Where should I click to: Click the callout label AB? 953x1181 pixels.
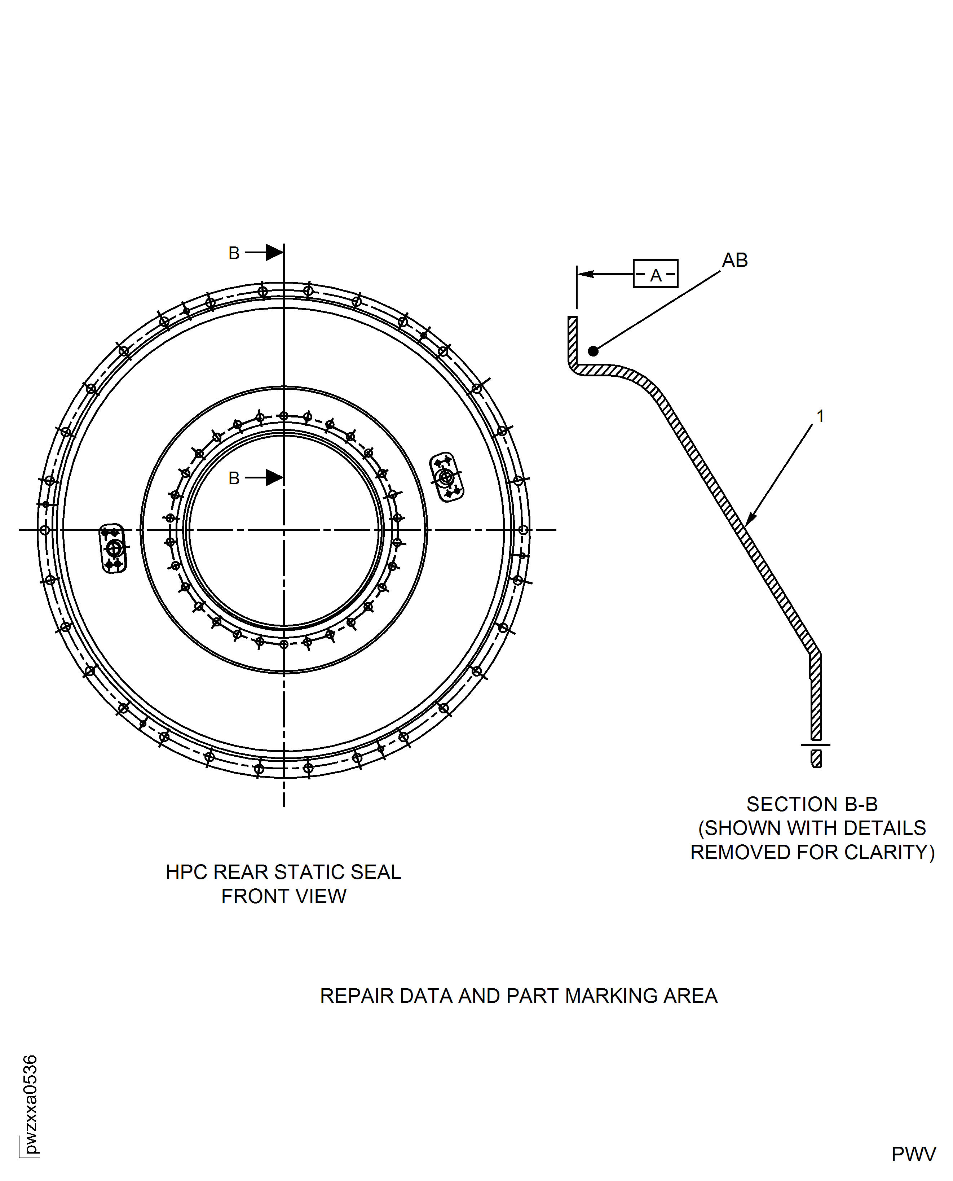click(734, 261)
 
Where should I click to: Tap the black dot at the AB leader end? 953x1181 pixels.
click(593, 351)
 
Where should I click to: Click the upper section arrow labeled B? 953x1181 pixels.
click(273, 252)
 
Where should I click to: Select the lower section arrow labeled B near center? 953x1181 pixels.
click(273, 477)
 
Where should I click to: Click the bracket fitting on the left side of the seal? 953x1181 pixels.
click(113, 548)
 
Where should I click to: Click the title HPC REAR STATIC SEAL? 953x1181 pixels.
click(283, 872)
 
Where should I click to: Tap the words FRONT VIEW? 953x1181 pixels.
click(283, 896)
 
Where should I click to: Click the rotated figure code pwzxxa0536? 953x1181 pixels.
click(31, 1104)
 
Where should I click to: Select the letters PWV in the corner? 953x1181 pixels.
click(913, 1154)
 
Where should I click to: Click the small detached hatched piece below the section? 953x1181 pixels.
click(816, 758)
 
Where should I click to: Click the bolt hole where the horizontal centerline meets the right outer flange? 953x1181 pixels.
click(523, 530)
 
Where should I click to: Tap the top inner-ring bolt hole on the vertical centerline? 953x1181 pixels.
click(284, 416)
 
